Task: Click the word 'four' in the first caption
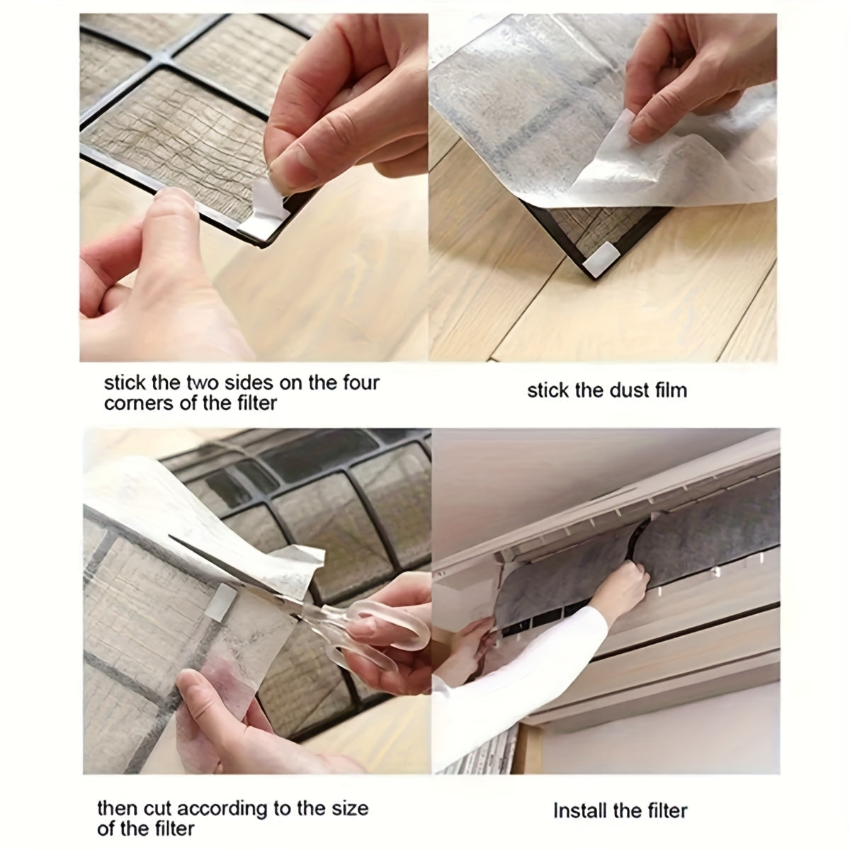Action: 359,384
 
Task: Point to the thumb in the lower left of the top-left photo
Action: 166,212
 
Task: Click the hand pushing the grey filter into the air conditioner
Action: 630,584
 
